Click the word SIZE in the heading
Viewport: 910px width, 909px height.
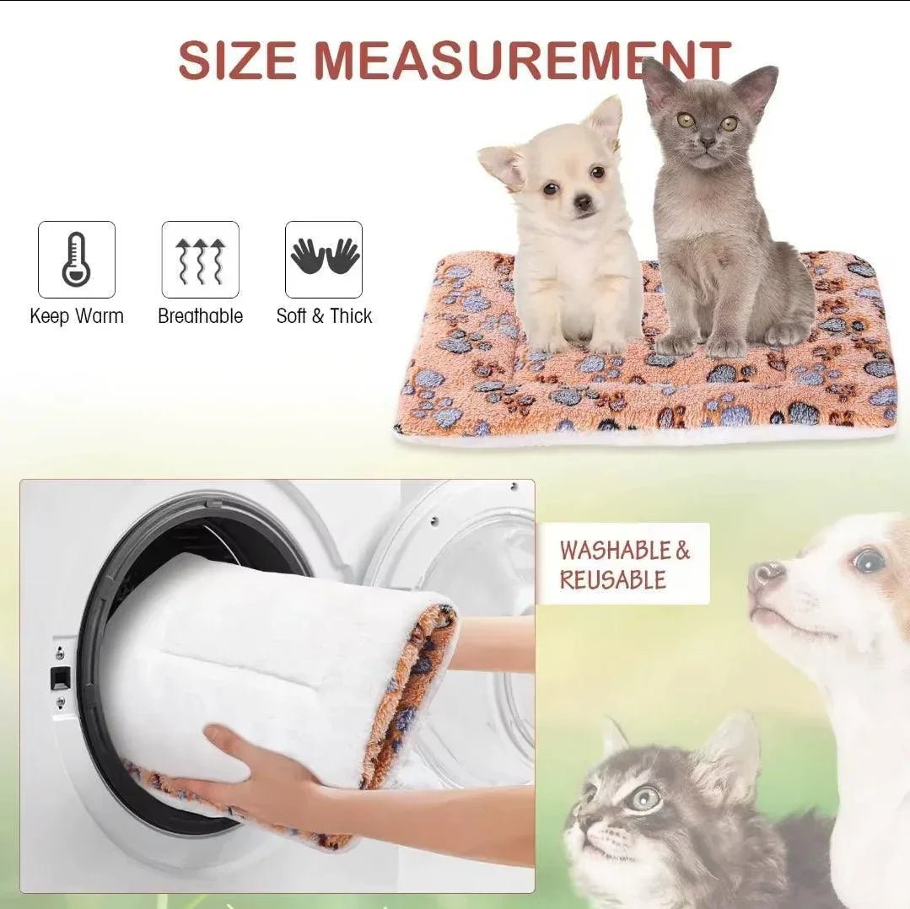coord(237,61)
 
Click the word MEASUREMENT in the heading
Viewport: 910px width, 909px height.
coord(522,61)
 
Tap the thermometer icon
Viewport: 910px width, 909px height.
coord(77,260)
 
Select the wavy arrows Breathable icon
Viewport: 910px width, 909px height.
coord(200,261)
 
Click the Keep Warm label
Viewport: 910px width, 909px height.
coord(77,316)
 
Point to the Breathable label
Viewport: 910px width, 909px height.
coord(200,316)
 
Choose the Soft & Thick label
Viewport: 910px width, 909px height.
coord(324,316)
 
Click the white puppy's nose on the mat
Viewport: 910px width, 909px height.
coord(584,202)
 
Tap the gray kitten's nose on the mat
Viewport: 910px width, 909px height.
coord(707,143)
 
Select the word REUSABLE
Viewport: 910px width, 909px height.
coord(613,580)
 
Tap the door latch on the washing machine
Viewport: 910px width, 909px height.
coord(61,677)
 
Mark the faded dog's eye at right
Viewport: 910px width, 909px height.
coord(868,561)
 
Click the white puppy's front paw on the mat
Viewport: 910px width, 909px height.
coord(604,346)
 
